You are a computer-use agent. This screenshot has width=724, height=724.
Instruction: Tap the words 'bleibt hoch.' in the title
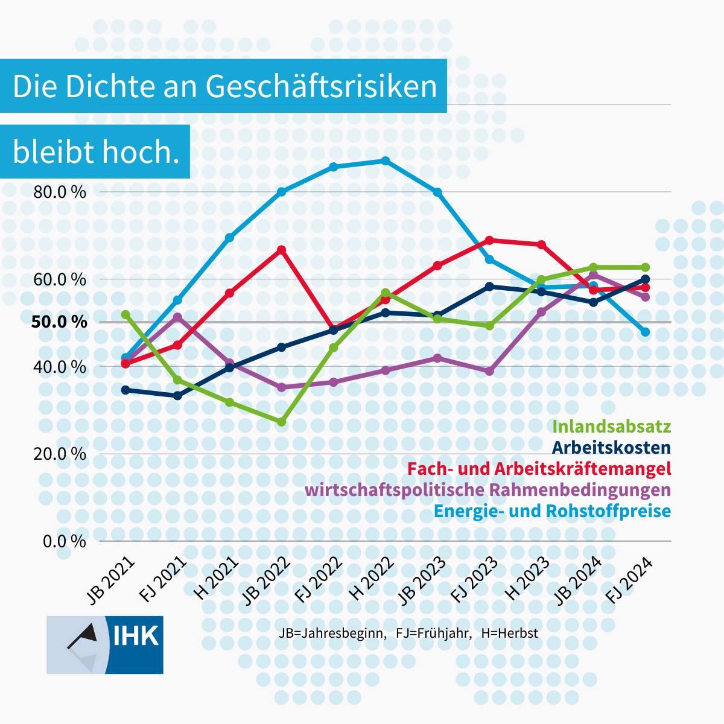pyautogui.click(x=96, y=152)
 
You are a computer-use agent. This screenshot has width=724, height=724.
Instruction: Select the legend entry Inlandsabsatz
pyautogui.click(x=611, y=427)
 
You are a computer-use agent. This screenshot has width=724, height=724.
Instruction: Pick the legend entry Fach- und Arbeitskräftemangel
pyautogui.click(x=539, y=469)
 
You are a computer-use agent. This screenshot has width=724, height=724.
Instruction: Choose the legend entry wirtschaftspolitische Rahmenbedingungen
pyautogui.click(x=487, y=489)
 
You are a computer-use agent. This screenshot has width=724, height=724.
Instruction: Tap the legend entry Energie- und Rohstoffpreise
pyautogui.click(x=552, y=510)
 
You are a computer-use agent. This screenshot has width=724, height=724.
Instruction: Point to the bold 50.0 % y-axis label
pyautogui.click(x=59, y=322)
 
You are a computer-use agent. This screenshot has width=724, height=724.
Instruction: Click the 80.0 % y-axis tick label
pyautogui.click(x=60, y=192)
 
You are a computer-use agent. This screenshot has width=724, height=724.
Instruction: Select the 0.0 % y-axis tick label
pyautogui.click(x=64, y=541)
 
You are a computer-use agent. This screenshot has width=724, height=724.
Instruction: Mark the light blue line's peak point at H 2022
pyautogui.click(x=386, y=161)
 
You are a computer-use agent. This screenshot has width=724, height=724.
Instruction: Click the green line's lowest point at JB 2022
pyautogui.click(x=281, y=422)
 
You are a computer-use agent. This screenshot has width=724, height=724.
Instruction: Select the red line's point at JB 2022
pyautogui.click(x=281, y=250)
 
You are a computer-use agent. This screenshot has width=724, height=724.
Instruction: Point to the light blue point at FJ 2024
pyautogui.click(x=645, y=332)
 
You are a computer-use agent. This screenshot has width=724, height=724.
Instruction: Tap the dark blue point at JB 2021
pyautogui.click(x=125, y=390)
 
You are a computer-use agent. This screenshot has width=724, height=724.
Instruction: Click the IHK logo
pyautogui.click(x=105, y=644)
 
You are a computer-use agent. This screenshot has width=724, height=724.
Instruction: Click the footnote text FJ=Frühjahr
pyautogui.click(x=433, y=634)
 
